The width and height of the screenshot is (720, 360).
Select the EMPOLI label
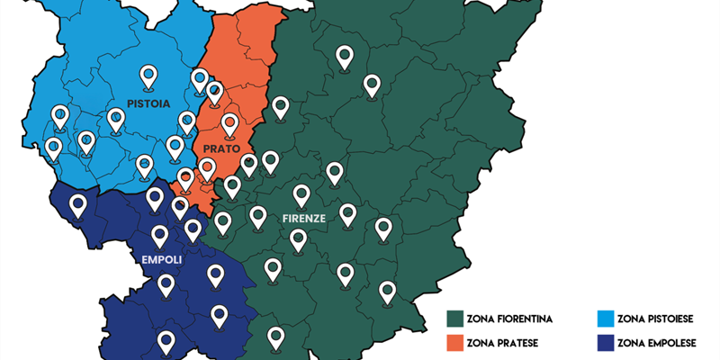(162, 260)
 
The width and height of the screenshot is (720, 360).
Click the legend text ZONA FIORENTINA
(510, 319)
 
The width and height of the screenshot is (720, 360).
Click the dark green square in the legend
(454, 319)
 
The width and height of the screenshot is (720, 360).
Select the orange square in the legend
(454, 343)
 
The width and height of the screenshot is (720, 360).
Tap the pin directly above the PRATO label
(229, 124)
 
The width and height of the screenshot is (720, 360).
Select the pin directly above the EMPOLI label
(160, 236)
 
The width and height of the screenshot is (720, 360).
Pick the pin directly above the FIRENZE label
(301, 194)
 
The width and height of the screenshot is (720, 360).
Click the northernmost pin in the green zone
(344, 57)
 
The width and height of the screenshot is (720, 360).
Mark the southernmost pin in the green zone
(276, 337)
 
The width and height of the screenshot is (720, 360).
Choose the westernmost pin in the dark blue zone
(78, 206)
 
